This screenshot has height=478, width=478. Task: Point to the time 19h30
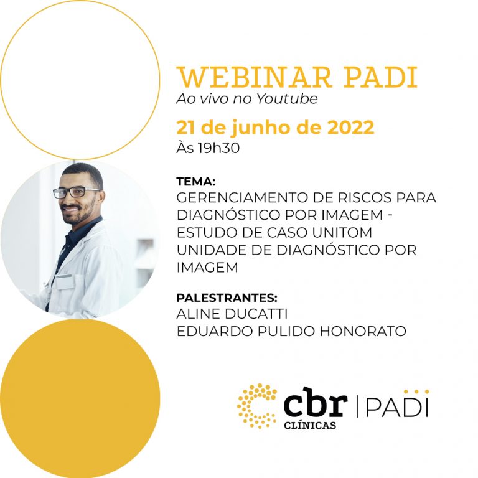(218, 148)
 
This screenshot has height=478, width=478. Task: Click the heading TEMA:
(196, 182)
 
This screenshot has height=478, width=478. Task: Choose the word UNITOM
(342, 233)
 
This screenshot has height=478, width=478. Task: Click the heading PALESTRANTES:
(227, 298)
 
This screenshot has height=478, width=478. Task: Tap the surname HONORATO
(363, 331)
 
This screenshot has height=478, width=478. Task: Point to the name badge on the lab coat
(65, 281)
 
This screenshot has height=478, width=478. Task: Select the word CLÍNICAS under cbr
(310, 425)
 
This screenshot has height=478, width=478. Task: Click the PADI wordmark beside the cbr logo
(397, 405)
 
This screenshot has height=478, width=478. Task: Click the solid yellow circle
(80, 399)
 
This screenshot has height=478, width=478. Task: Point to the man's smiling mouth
(70, 209)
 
